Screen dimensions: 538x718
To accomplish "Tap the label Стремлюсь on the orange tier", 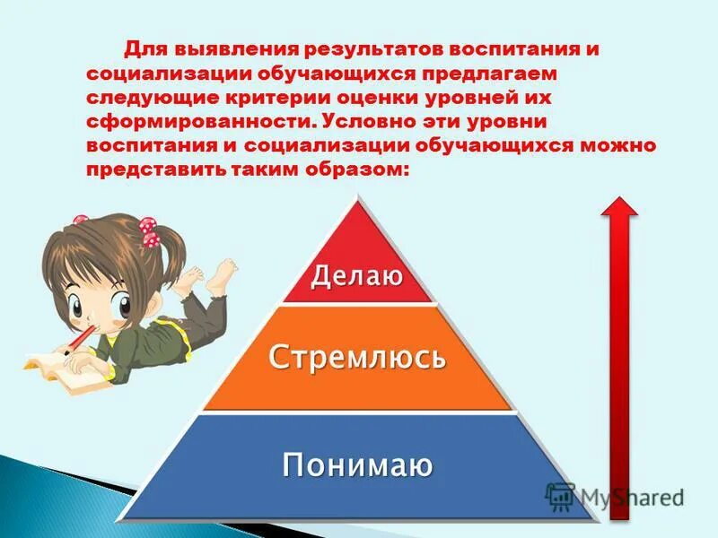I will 357,357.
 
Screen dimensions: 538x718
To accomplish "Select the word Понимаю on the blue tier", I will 357,464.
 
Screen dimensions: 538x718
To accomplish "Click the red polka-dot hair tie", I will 149,236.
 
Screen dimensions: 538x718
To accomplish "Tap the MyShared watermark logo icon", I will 560,496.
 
